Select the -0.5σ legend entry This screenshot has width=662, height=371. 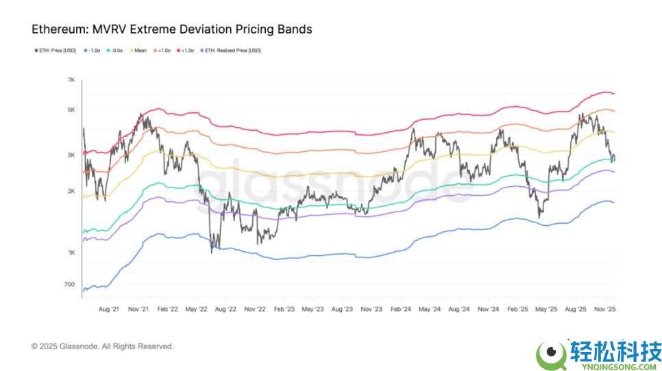[x=116, y=51]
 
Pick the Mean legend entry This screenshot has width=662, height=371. [x=140, y=51]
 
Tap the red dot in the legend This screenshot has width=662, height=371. [x=180, y=51]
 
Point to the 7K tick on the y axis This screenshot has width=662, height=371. [x=71, y=81]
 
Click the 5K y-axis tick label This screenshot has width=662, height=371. [x=71, y=111]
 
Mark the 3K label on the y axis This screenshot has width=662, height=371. [x=71, y=155]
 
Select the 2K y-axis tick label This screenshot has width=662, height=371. [x=71, y=192]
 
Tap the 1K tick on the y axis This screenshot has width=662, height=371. [x=71, y=253]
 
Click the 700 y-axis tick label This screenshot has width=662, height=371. [x=70, y=284]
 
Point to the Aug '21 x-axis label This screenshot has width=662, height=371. [x=110, y=309]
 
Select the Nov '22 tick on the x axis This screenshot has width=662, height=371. [x=254, y=309]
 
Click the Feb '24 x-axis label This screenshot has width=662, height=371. [x=400, y=309]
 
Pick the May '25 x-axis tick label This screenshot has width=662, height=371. [x=545, y=309]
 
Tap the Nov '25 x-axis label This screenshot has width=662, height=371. [x=604, y=309]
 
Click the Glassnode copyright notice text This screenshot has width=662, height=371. [x=102, y=346]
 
